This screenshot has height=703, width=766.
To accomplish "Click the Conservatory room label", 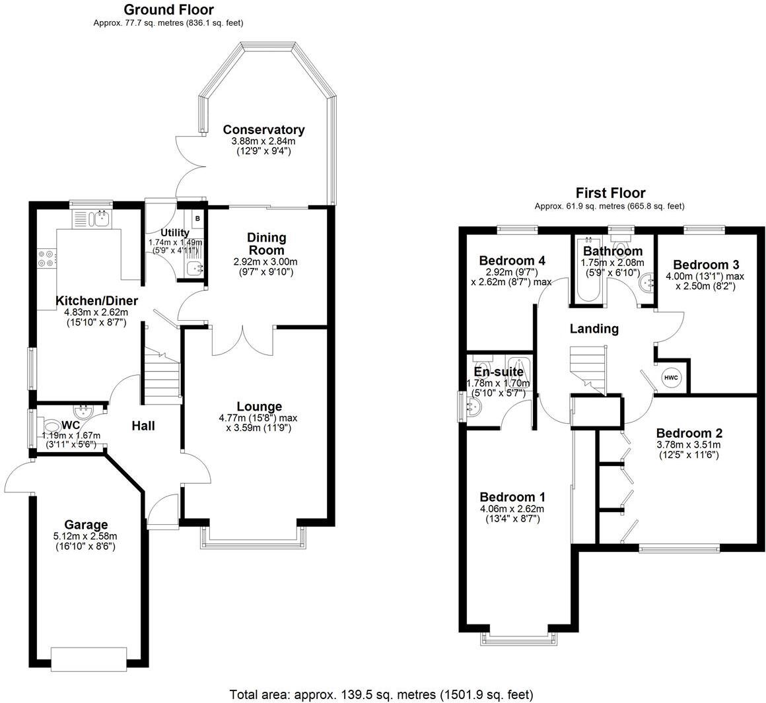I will (263, 129).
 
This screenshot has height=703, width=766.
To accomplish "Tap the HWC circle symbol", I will (670, 377).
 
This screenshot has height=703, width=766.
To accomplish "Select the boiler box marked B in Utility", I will (197, 218).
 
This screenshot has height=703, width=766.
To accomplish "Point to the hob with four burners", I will (47, 258).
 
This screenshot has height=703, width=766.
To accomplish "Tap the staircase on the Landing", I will (588, 370).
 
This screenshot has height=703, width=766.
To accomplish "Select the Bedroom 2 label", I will (689, 433).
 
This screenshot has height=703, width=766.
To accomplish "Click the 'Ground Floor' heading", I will (168, 9).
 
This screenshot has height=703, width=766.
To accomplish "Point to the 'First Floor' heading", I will (610, 193).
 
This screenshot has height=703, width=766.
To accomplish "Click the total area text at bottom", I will (381, 694).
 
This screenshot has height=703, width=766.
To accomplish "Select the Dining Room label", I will (266, 244).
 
